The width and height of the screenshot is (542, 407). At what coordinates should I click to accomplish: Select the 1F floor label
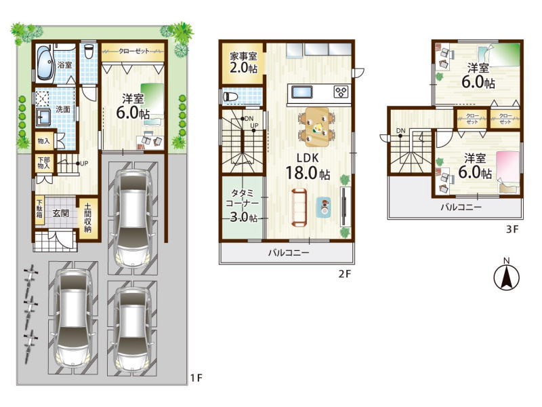tap(196, 379)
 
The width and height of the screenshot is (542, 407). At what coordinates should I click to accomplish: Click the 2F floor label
tap(344, 274)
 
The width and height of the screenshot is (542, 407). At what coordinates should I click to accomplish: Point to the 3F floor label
tap(512, 229)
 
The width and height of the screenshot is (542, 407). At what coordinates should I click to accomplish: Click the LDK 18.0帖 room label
tap(308, 166)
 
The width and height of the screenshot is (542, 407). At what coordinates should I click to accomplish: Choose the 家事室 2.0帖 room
tap(243, 62)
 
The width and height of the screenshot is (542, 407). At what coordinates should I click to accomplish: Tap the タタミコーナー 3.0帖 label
tap(243, 205)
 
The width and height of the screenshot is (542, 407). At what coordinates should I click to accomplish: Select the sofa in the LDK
tap(299, 208)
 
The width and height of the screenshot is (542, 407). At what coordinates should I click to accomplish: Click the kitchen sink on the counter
tap(302, 92)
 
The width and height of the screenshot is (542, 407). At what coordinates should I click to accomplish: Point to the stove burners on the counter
tap(341, 92)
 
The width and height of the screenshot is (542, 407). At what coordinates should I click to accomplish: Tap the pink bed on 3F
tap(508, 172)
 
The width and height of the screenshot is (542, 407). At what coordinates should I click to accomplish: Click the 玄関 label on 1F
tap(60, 213)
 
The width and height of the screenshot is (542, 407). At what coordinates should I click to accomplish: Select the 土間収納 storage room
tap(88, 218)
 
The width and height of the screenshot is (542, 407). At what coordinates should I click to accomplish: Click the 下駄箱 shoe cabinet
tap(40, 211)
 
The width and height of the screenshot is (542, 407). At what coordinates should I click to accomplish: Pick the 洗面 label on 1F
tap(63, 109)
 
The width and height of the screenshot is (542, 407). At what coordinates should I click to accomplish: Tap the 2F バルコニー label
tap(289, 252)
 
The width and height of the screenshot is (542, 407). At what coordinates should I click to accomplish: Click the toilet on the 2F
tap(231, 96)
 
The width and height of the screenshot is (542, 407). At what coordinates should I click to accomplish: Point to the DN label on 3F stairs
tap(400, 130)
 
